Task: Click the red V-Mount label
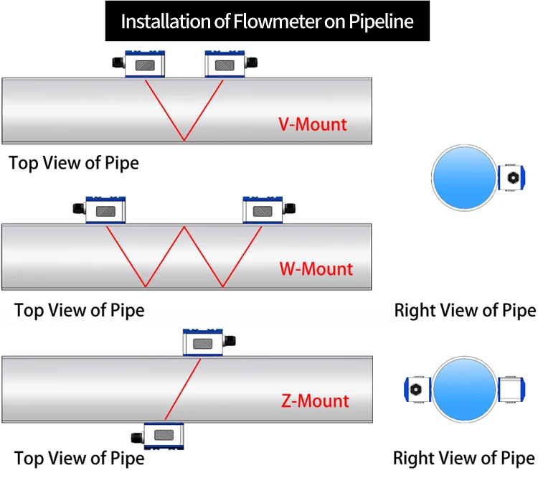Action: pos(312,124)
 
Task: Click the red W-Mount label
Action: pos(316,270)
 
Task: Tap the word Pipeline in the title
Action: pos(385,22)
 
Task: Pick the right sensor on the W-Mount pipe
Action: pos(263,210)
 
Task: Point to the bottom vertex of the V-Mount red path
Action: pos(184,139)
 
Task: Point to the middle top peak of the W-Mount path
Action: pos(185,228)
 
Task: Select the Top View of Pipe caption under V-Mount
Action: pos(74,163)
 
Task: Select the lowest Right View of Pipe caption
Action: pos(464,459)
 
